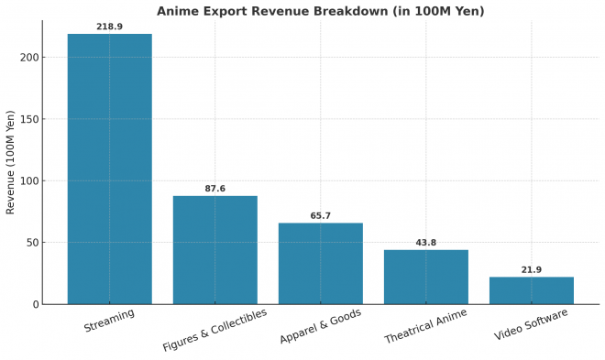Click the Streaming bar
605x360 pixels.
[x=110, y=169]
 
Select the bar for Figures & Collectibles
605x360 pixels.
[x=215, y=249]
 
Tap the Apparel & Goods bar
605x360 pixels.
[x=321, y=263]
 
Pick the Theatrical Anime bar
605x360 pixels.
[x=425, y=277]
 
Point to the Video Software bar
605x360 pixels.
[x=531, y=290]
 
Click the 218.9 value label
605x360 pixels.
[x=110, y=27]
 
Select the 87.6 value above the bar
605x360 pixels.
[x=215, y=189]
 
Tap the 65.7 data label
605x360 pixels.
[x=321, y=216]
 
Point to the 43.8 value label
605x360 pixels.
[x=425, y=243]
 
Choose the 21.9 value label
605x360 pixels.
[x=531, y=270]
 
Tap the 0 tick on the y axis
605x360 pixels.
[x=35, y=304]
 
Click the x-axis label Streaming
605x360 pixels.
[x=109, y=321]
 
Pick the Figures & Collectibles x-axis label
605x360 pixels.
[x=214, y=330]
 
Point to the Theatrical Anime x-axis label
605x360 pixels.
[x=425, y=326]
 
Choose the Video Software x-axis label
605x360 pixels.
[x=531, y=324]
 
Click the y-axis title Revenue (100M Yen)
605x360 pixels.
[x=11, y=162]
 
